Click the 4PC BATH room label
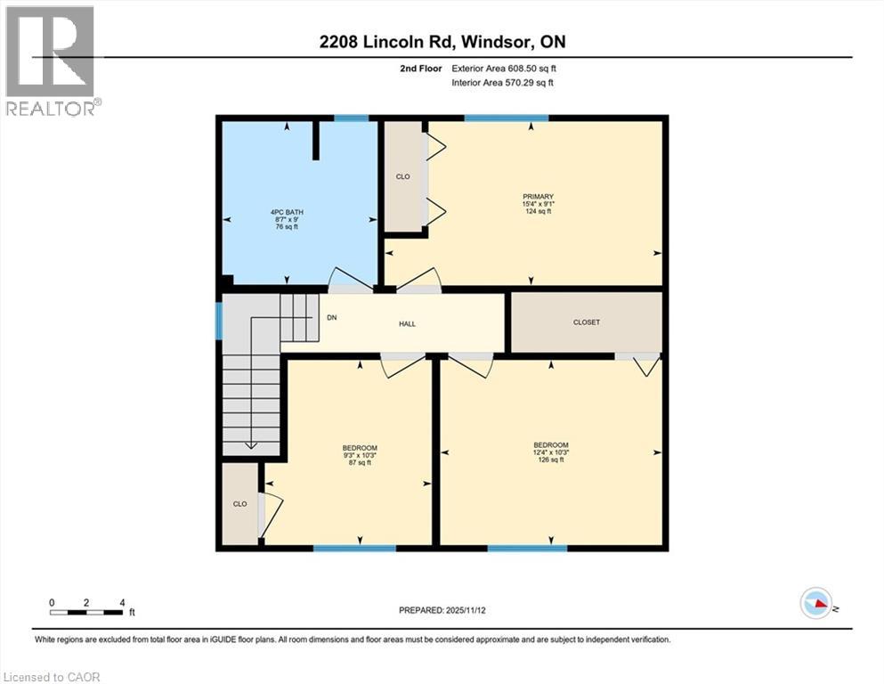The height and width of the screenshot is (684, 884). click(288, 212)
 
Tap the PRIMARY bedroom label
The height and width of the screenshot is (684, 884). click(539, 197)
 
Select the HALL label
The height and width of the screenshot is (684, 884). click(407, 323)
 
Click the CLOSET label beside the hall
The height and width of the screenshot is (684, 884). click(586, 322)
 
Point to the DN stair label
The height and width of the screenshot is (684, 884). click(331, 317)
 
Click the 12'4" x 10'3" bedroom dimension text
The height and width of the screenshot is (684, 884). click(550, 452)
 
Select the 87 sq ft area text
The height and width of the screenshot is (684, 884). click(360, 462)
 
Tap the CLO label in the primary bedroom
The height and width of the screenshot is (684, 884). click(402, 176)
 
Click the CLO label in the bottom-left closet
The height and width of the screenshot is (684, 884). click(239, 504)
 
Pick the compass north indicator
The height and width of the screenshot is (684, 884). click(816, 604)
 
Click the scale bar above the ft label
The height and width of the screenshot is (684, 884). click(86, 612)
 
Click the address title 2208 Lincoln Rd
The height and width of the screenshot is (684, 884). click(442, 41)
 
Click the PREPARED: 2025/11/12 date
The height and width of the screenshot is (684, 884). click(442, 610)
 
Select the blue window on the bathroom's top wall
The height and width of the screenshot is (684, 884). click(351, 118)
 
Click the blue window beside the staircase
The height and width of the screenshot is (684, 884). click(218, 321)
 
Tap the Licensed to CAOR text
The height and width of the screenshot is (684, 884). click(51, 677)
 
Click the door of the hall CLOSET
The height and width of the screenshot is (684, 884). click(638, 357)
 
